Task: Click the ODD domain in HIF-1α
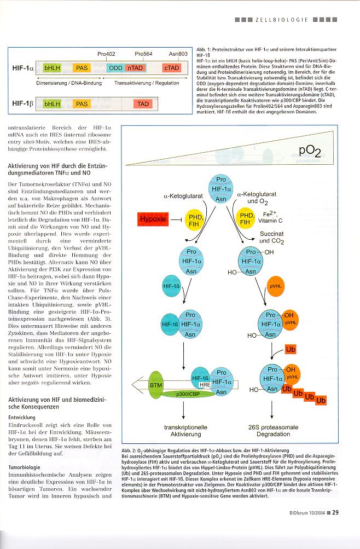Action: [115, 68]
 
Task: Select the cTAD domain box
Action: [171, 68]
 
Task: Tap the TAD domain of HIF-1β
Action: [143, 103]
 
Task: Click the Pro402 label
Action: [106, 54]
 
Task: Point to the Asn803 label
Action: [178, 54]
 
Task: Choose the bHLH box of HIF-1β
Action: [53, 103]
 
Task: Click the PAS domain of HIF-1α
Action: [82, 68]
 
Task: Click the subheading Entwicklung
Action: [25, 417]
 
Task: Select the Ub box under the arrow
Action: [292, 349]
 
